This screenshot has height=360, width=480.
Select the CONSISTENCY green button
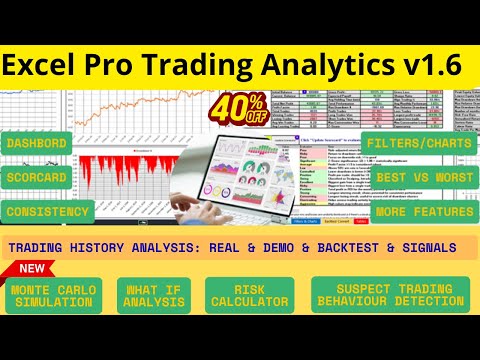click(48, 212)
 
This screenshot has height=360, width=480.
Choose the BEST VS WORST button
click(424, 178)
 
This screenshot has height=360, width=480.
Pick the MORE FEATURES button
click(424, 212)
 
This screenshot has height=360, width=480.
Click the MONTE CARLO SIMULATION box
click(57, 296)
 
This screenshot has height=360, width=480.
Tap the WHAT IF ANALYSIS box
click(155, 296)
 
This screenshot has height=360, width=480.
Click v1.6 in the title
click(431, 66)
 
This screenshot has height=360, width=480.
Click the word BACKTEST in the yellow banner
click(329, 246)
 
